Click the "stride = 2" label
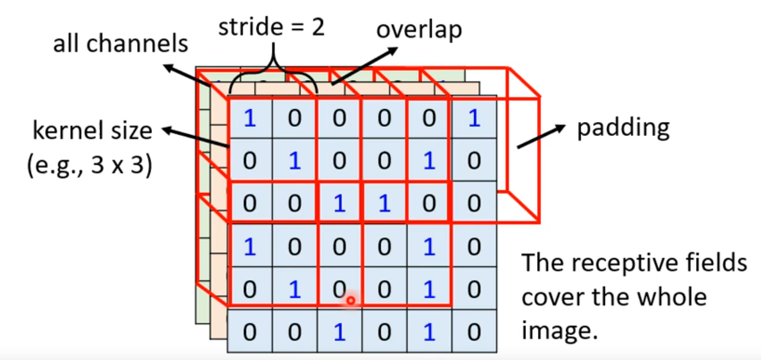[271, 27]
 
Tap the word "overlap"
[419, 30]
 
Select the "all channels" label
[121, 43]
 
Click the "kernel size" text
[92, 130]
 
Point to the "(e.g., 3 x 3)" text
[89, 165]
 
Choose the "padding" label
[624, 128]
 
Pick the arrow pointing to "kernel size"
[196, 137]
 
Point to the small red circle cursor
[350, 301]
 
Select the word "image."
[559, 330]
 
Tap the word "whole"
[669, 297]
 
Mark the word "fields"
[721, 262]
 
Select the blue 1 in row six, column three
[339, 332]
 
